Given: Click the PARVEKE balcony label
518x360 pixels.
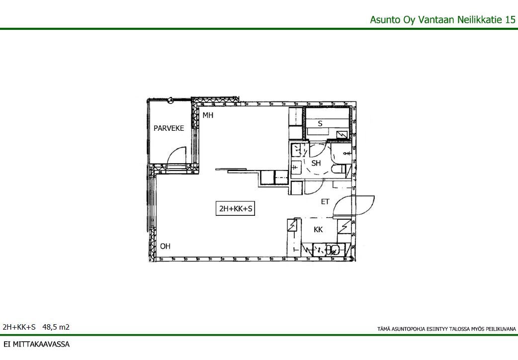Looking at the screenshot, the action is (x=169, y=128).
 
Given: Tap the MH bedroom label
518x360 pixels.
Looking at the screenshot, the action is (x=208, y=115).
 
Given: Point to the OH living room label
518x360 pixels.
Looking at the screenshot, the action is (x=165, y=246).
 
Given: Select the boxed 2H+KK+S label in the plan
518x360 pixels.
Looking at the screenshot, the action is (x=235, y=209).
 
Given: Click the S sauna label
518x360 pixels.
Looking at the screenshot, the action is (x=320, y=124).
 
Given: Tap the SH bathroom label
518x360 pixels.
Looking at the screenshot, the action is (x=316, y=163).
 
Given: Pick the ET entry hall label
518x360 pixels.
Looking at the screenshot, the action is (x=325, y=202).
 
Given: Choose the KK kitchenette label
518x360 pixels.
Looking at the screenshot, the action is (x=318, y=229).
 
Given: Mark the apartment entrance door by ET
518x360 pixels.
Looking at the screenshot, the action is (x=353, y=206).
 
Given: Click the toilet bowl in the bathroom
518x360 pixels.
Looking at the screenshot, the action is (x=338, y=170).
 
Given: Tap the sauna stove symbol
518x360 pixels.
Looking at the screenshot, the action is (x=342, y=135).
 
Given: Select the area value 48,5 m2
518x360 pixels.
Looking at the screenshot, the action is (x=56, y=327).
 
